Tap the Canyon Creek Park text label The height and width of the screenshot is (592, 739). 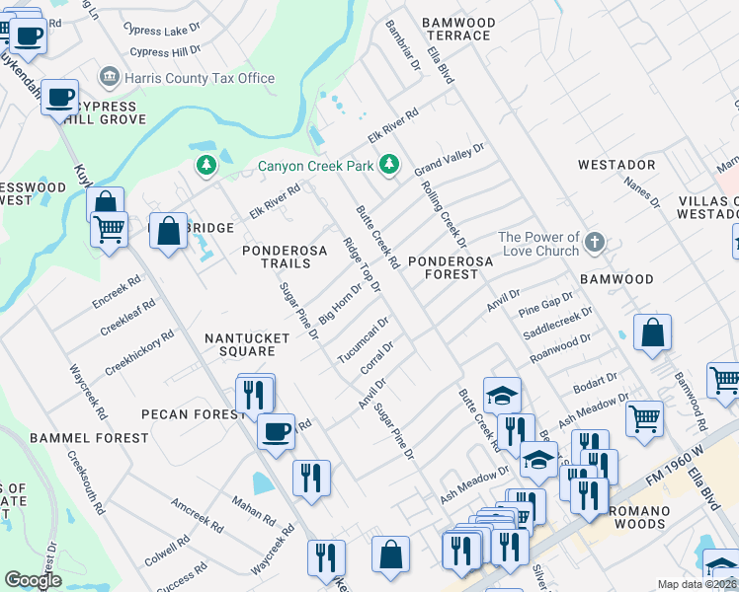tap(316, 166)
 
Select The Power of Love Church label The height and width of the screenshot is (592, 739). tap(538, 244)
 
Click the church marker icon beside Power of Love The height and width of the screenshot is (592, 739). tap(595, 242)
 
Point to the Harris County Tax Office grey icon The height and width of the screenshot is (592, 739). tap(109, 77)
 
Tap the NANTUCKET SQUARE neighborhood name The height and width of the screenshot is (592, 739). tap(239, 344)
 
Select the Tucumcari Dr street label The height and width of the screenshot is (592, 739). tap(363, 339)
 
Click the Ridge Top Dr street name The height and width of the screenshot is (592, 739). tap(362, 264)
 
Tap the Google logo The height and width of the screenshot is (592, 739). tap(33, 580)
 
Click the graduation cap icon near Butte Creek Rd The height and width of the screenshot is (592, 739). tap(502, 396)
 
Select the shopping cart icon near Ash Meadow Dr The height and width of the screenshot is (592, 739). tap(644, 417)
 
